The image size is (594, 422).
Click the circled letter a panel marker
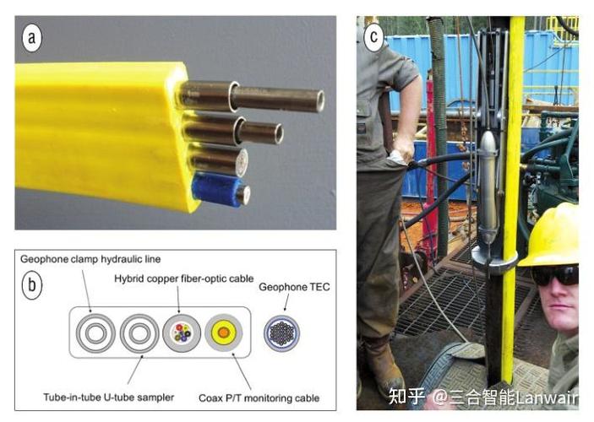(32, 37)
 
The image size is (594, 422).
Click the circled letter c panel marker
(374, 37)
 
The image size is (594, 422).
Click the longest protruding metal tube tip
(318, 100)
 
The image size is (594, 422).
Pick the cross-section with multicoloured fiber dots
(181, 335)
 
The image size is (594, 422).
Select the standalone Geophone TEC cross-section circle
(281, 335)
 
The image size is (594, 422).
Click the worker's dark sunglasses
(555, 274)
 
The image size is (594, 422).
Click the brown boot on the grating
(384, 365)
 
